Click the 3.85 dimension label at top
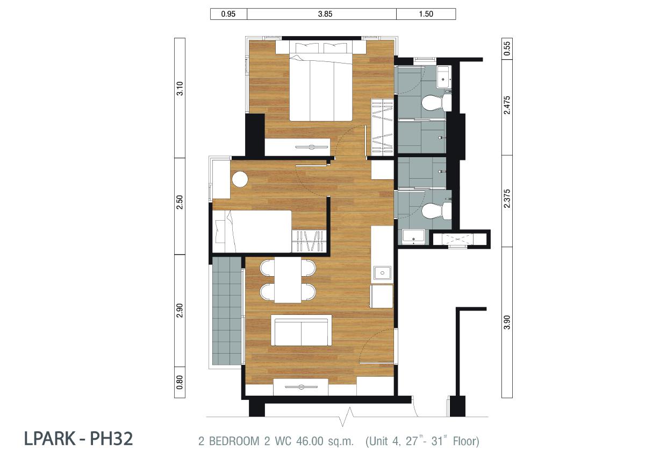[x=325, y=14]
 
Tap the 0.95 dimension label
[x=228, y=14]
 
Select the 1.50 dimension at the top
[x=426, y=14]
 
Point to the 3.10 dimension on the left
[x=180, y=88]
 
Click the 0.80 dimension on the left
[x=180, y=382]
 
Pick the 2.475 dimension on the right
[x=507, y=106]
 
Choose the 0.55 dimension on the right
[x=507, y=49]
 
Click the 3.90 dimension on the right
[x=507, y=322]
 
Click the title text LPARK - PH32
[x=78, y=439]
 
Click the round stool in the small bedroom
[x=240, y=179]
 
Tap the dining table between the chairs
[x=288, y=280]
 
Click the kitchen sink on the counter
[x=382, y=273]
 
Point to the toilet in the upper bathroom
[x=436, y=102]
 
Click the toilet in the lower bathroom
[x=436, y=211]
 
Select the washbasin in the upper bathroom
[x=443, y=77]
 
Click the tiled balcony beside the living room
[x=227, y=311]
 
